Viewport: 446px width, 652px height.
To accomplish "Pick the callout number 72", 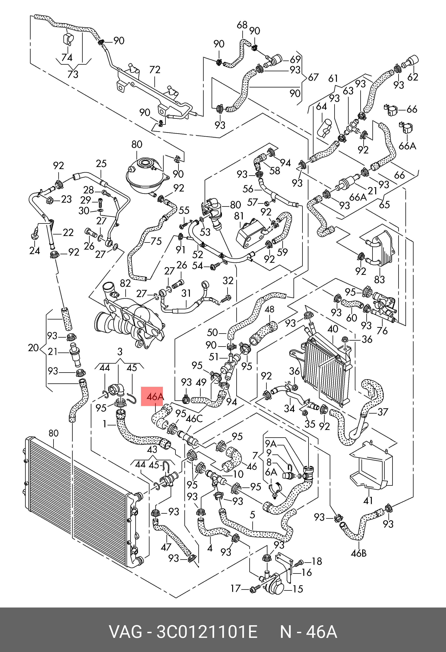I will pos(155,70).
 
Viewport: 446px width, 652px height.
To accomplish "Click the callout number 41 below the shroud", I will pos(368,500).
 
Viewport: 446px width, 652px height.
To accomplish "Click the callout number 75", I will pos(156,241).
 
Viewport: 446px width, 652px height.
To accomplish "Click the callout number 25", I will pos(101,164).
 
